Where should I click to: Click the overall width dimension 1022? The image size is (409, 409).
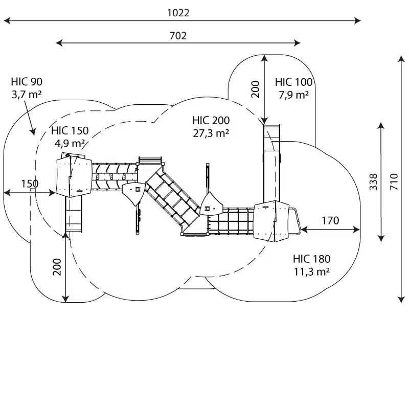click(x=178, y=13)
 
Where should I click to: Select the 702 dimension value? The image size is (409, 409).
click(x=178, y=35)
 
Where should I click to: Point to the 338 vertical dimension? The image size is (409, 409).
click(x=374, y=181)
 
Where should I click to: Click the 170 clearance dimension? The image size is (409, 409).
click(x=330, y=221)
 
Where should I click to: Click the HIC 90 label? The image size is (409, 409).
click(x=27, y=82)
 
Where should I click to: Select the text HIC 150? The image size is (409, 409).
click(x=70, y=131)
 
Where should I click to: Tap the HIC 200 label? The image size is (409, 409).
click(x=211, y=121)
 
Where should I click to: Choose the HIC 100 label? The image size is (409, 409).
click(x=293, y=82)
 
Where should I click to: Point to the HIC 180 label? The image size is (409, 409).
click(x=311, y=259)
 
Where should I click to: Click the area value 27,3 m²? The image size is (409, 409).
click(x=211, y=133)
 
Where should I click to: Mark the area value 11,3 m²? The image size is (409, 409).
click(x=311, y=271)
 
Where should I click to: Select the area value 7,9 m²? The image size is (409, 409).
click(x=293, y=95)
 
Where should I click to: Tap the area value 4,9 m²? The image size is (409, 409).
click(x=70, y=143)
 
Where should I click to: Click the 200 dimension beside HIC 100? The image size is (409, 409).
click(x=256, y=89)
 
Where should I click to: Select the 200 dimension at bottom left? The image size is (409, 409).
click(x=57, y=266)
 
